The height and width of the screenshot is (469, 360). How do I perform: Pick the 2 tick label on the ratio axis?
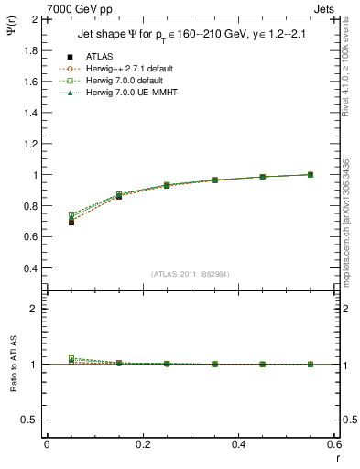34,309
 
